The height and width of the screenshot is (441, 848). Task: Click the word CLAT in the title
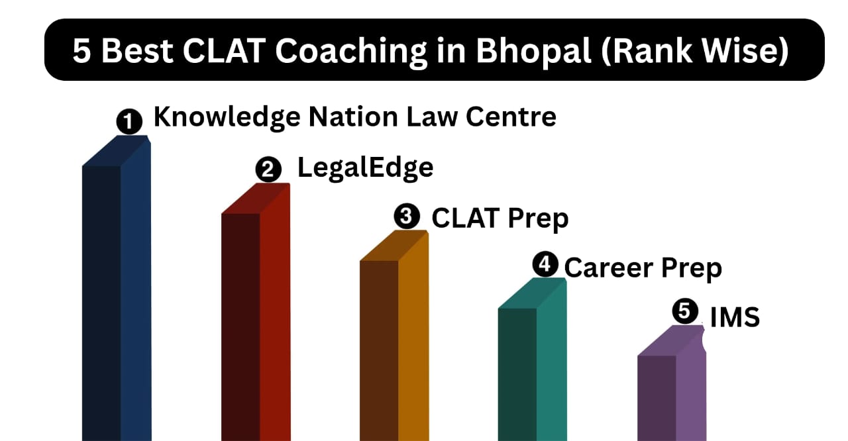224,50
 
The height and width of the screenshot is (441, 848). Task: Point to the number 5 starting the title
81,51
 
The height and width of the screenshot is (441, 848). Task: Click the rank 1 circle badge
129,121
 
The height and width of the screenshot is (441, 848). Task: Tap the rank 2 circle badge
268,169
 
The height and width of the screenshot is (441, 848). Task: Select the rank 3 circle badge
407,217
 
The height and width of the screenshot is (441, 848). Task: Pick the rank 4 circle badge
545,264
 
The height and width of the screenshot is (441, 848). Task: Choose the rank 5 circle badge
685,311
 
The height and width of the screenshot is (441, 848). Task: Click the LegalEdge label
365,168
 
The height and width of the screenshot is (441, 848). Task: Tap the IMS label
735,317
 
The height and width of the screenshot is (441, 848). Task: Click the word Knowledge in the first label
227,118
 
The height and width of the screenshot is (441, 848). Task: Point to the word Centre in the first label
511,117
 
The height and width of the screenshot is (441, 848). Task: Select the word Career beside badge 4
609,268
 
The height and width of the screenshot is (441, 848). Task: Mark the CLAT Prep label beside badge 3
500,219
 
